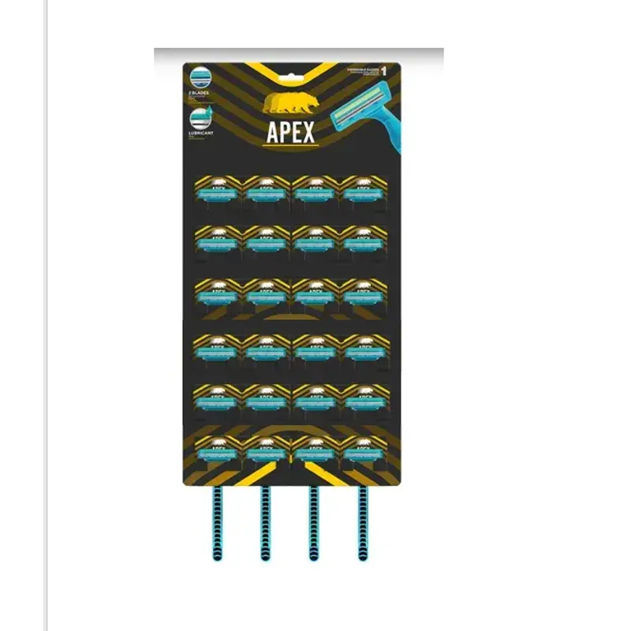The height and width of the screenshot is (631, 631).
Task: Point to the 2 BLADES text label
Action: coord(198,94)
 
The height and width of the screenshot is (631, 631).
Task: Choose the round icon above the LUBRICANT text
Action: coord(199,119)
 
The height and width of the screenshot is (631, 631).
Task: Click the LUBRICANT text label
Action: coord(200,133)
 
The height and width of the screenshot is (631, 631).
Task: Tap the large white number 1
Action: coord(383,72)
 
